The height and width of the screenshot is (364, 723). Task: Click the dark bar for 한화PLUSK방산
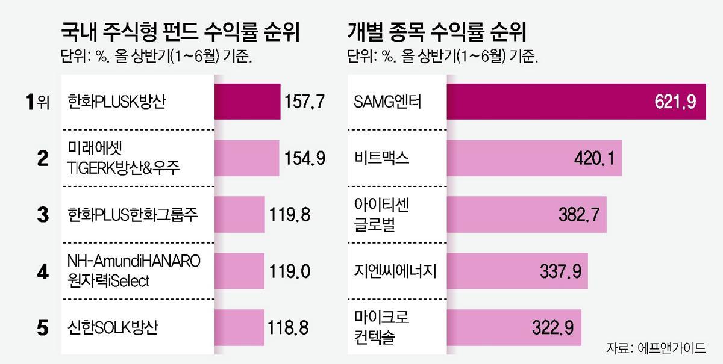248,102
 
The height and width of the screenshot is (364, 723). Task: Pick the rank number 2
43,158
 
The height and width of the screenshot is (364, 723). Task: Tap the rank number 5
43,328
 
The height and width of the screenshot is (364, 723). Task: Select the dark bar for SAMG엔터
542,102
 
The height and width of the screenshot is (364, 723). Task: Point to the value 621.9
675,102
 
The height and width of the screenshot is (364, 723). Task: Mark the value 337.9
561,271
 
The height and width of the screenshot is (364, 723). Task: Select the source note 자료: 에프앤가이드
656,348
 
